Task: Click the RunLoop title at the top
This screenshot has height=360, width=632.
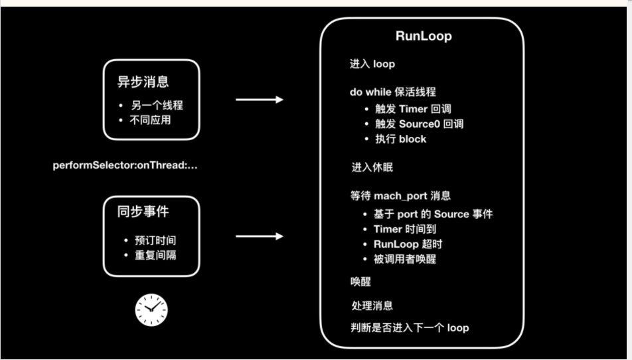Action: click(x=423, y=37)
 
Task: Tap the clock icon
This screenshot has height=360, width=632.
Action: click(x=151, y=310)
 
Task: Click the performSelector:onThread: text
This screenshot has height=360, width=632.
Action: click(x=125, y=165)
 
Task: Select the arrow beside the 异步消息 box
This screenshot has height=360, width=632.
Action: click(x=260, y=100)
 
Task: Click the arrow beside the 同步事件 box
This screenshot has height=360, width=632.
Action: click(x=260, y=236)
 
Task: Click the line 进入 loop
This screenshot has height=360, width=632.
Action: click(x=372, y=64)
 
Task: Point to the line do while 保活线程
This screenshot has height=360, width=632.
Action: click(x=393, y=92)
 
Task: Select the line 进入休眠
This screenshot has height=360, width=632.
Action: click(x=372, y=167)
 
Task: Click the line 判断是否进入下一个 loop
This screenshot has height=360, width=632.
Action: click(x=410, y=327)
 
